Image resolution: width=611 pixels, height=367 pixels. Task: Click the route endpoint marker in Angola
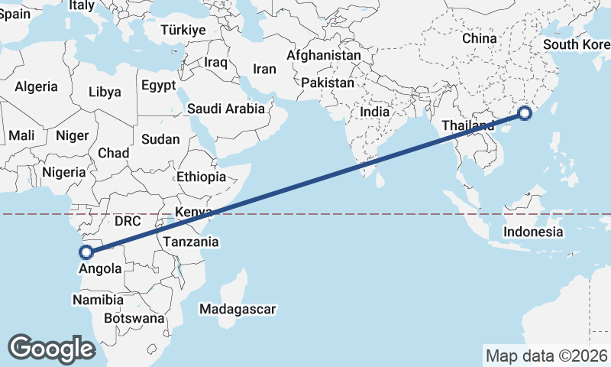coord(86,251)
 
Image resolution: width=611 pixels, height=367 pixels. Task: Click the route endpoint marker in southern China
coord(525,114)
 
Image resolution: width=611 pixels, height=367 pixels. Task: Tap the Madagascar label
coord(237,310)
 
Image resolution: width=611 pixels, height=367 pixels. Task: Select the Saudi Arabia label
coord(226,109)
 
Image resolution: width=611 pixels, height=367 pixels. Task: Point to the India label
coord(374,112)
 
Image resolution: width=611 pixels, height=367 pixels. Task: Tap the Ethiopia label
coord(201,177)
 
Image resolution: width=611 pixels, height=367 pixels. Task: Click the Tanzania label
coord(191,242)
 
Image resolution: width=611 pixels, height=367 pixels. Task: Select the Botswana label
coord(134,317)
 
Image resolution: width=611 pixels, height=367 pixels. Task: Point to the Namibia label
coord(98,300)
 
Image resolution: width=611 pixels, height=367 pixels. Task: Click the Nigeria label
coord(63,172)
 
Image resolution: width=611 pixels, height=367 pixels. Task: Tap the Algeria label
coord(36,86)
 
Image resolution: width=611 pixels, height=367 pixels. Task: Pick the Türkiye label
coord(183,31)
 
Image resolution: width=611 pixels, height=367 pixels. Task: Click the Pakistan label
coord(328,83)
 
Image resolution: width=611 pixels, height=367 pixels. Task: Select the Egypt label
coord(158,85)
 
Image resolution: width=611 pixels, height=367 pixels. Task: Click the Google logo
coord(51,349)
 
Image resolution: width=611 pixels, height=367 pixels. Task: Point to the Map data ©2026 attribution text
coord(546,356)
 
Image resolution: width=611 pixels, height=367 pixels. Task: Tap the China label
coord(480,38)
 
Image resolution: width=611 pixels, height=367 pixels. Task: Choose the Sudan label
coord(160,139)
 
